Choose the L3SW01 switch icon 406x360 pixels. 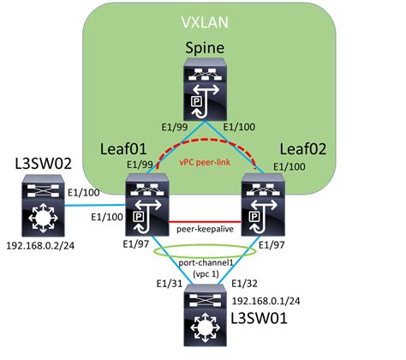click(204, 316)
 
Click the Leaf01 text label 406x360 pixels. click(125, 147)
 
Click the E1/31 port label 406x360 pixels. click(167, 285)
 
